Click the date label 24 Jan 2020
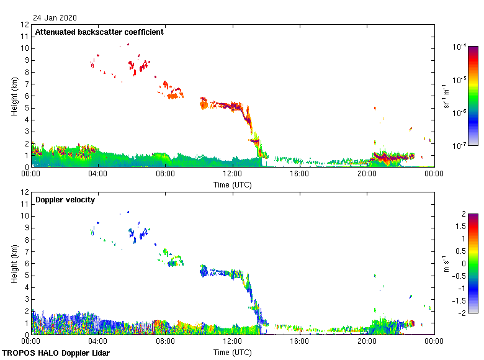click(x=55, y=18)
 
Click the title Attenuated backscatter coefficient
click(x=99, y=32)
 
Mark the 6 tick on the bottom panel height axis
click(x=25, y=263)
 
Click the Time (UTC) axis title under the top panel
click(x=232, y=184)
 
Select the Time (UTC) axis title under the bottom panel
click(x=232, y=352)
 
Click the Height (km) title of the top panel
click(x=14, y=96)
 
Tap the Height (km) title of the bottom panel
click(x=14, y=263)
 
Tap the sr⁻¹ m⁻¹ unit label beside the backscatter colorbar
click(x=447, y=96)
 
